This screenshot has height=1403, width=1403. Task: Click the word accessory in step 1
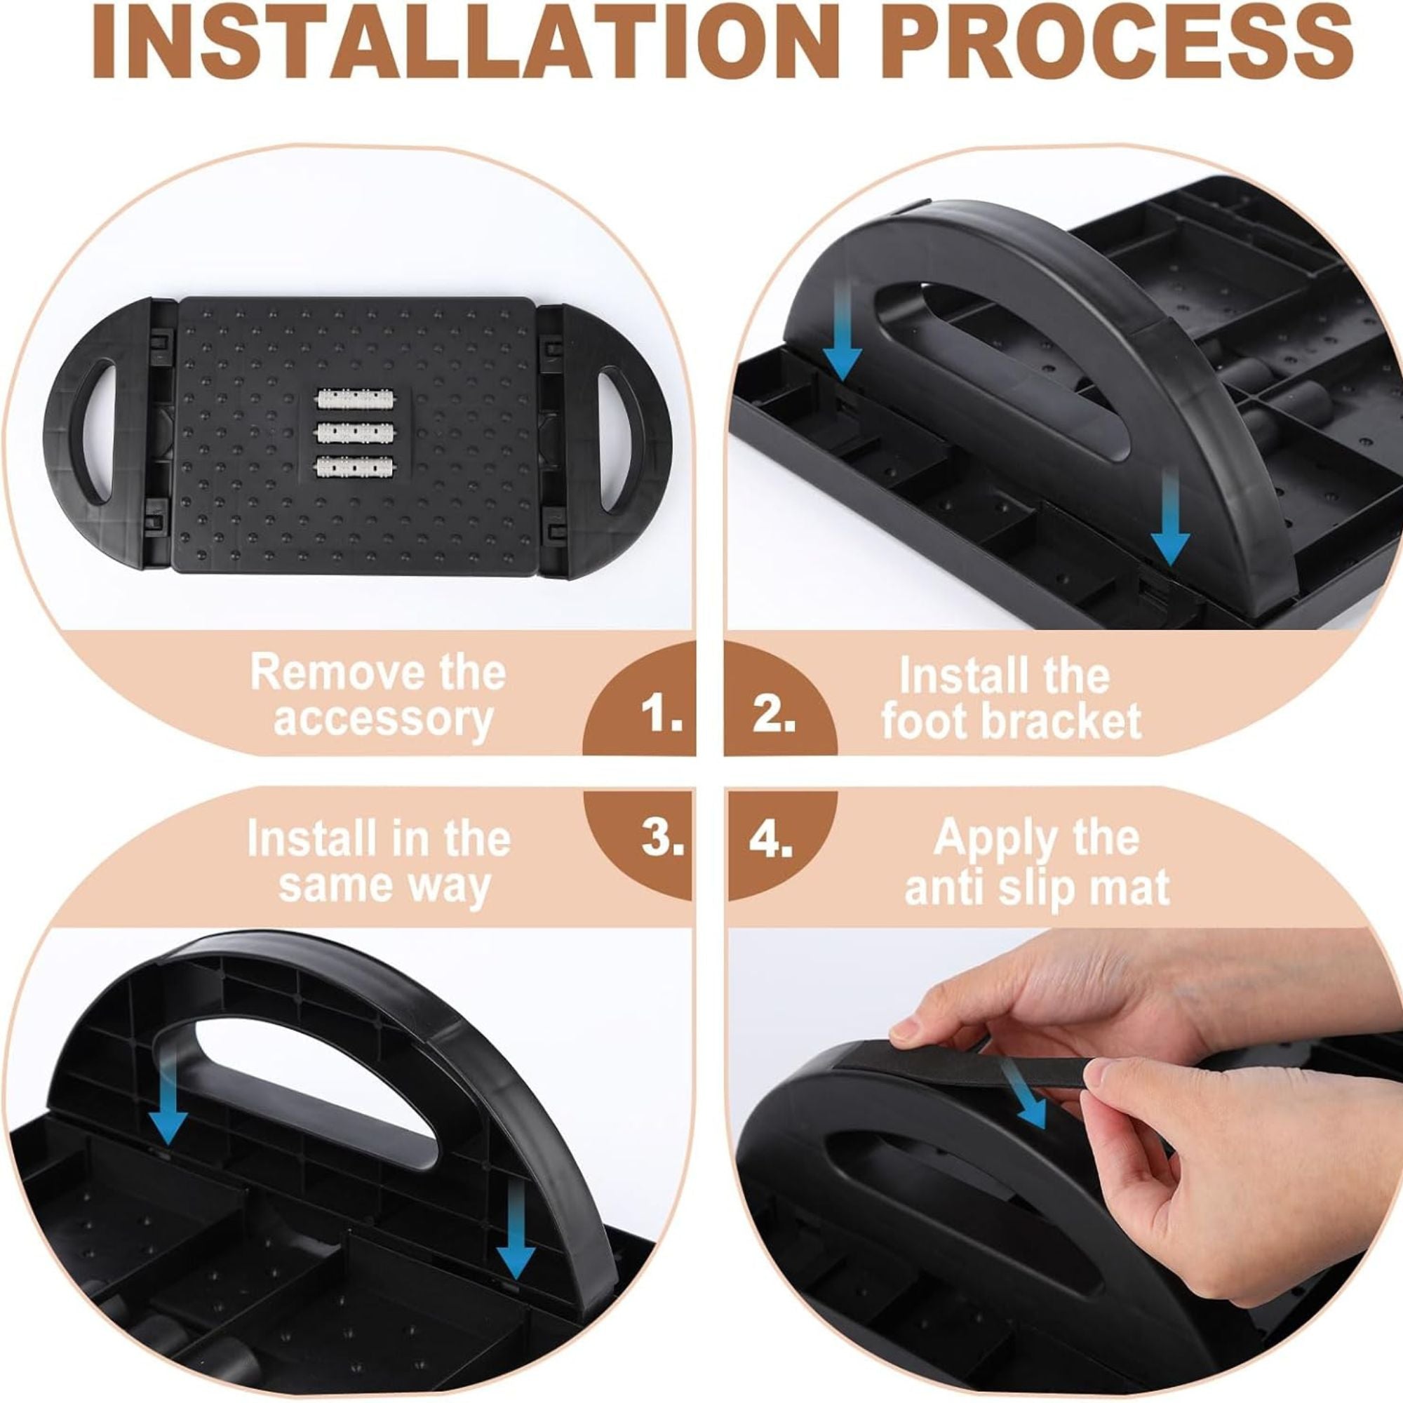tap(384, 720)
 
